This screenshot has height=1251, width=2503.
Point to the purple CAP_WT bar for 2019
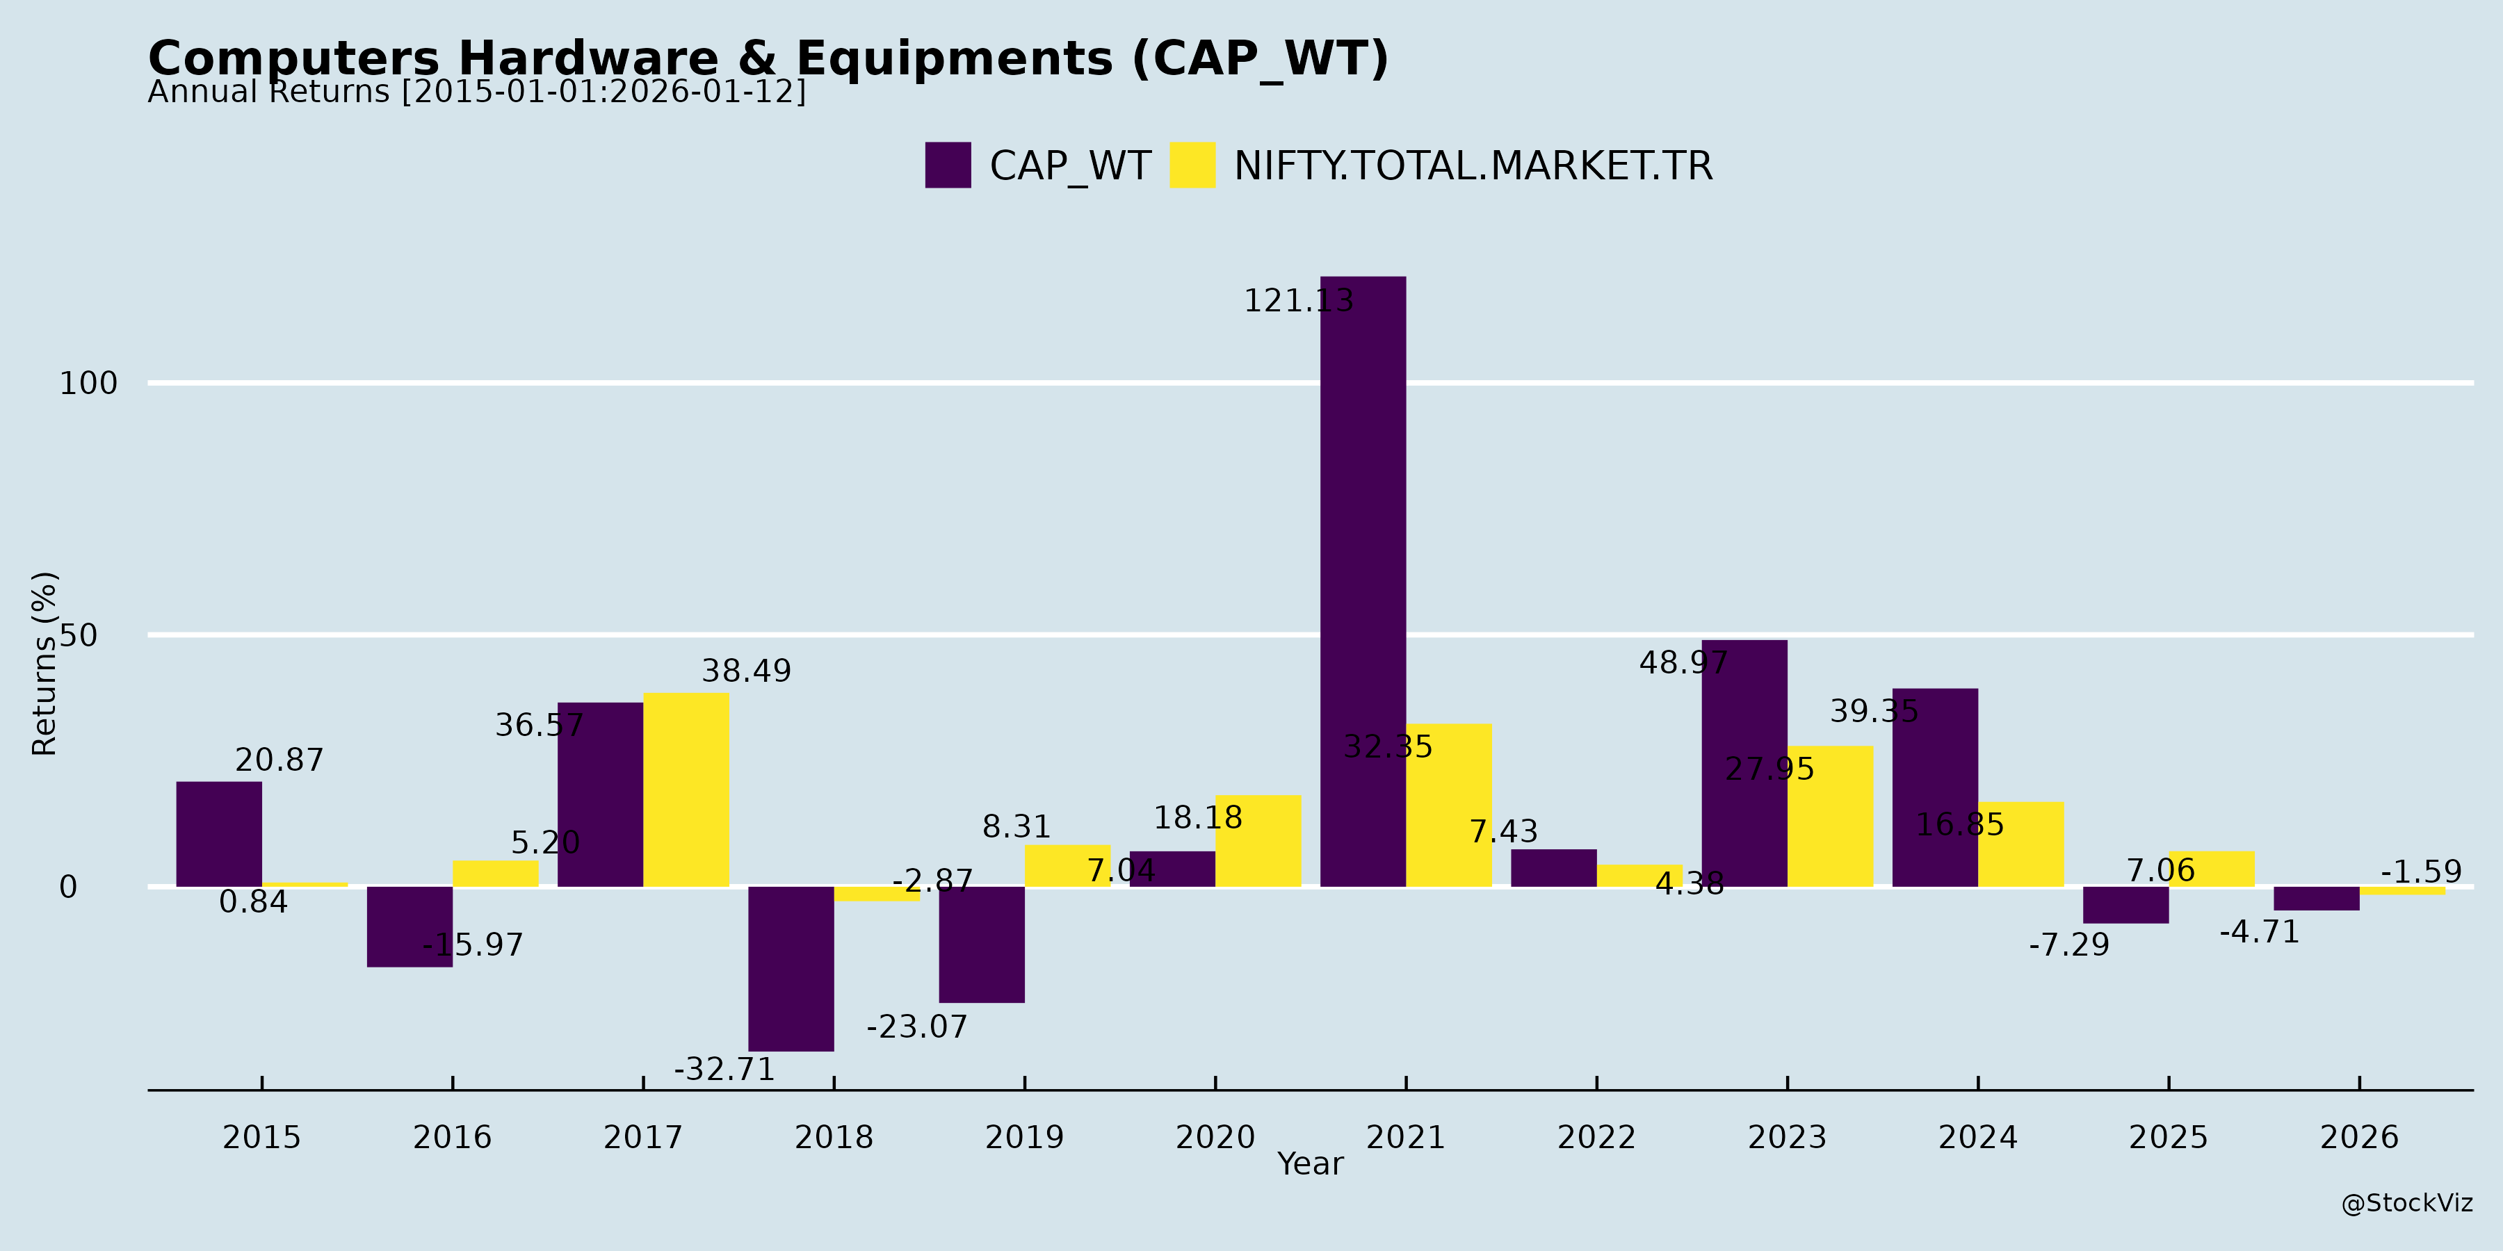coord(981,944)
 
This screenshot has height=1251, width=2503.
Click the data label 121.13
coord(1298,301)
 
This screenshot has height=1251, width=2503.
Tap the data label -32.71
coord(725,1070)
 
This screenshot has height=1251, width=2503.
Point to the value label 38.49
coord(746,671)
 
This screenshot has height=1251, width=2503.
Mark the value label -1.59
coord(2420,872)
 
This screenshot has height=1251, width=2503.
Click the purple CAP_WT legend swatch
coord(948,165)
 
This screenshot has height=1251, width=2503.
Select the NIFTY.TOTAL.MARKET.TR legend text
coord(1473,166)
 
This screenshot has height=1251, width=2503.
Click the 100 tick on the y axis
coord(88,383)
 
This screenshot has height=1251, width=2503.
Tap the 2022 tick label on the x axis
coord(1596,1136)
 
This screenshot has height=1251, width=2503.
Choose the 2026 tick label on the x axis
coord(2359,1136)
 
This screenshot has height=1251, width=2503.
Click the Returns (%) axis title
coord(44,664)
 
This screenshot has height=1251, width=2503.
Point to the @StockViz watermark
coord(2407,1204)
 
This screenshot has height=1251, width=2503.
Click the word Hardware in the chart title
coord(588,58)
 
